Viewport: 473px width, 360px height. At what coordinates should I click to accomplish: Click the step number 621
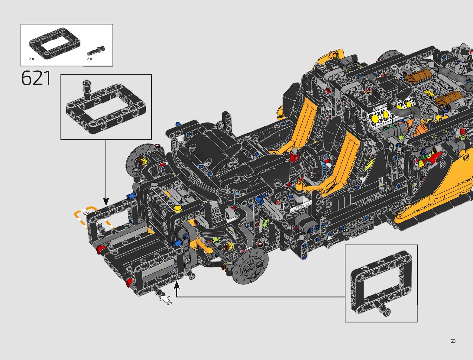tap(36, 78)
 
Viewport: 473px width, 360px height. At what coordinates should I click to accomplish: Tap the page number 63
tap(453, 341)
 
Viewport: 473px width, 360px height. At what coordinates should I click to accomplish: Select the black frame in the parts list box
tap(55, 44)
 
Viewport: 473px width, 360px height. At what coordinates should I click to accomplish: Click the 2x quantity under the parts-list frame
tap(31, 59)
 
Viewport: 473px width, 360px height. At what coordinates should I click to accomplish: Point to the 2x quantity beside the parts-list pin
tap(89, 59)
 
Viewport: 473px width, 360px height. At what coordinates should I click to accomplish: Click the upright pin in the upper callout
tap(87, 90)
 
